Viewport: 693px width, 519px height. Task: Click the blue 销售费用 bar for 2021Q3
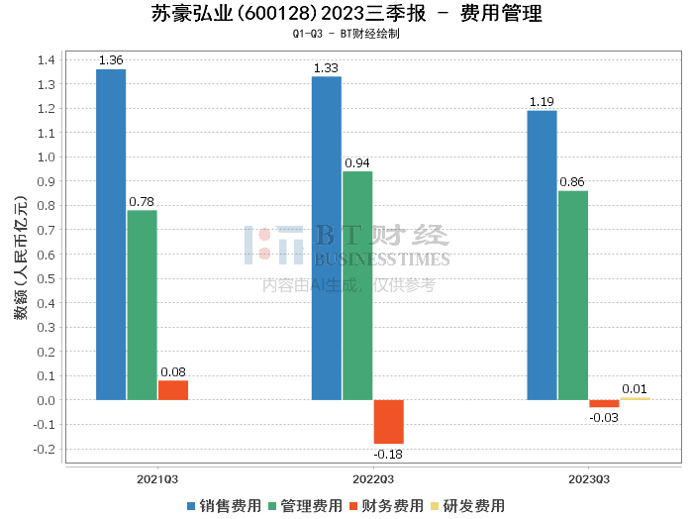coord(111,234)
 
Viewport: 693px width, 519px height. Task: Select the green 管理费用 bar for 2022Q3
coord(357,285)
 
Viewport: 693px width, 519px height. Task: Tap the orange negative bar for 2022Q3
coord(388,422)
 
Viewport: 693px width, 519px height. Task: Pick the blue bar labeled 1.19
coord(542,255)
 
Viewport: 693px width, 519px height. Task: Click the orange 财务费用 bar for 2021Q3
coord(173,390)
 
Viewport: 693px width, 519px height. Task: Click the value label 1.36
coord(111,60)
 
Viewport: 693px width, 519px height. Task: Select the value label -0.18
coord(388,454)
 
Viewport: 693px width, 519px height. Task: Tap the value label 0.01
coord(634,389)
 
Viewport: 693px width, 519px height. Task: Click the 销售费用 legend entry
coord(224,506)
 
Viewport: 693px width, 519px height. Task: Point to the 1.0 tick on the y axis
coord(45,156)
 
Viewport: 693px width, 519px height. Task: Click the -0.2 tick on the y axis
coord(43,449)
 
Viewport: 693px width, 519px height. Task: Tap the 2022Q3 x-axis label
coord(372,479)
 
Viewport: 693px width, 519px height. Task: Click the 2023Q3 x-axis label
coord(588,479)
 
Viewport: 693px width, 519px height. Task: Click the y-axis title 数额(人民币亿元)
coord(20,254)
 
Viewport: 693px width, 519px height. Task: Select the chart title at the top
coord(346,14)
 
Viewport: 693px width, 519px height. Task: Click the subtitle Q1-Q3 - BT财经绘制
coord(346,34)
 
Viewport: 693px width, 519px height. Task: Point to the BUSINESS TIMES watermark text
coord(382,259)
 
